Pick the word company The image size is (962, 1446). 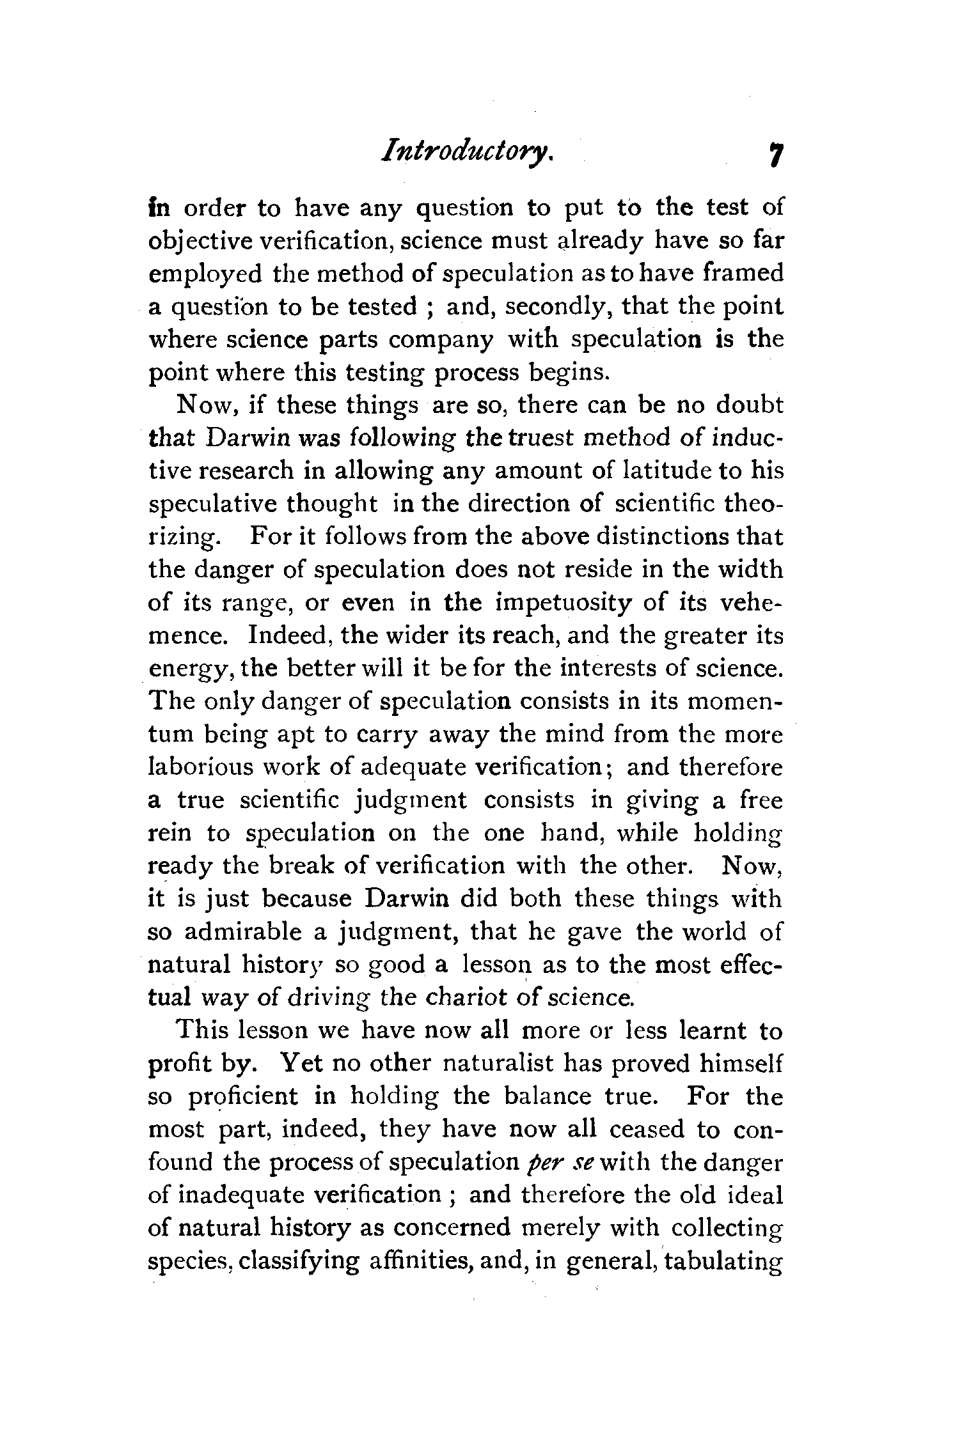(441, 339)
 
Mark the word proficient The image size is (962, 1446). (244, 1097)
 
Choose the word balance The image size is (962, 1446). (546, 1096)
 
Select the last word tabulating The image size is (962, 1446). (724, 1261)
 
